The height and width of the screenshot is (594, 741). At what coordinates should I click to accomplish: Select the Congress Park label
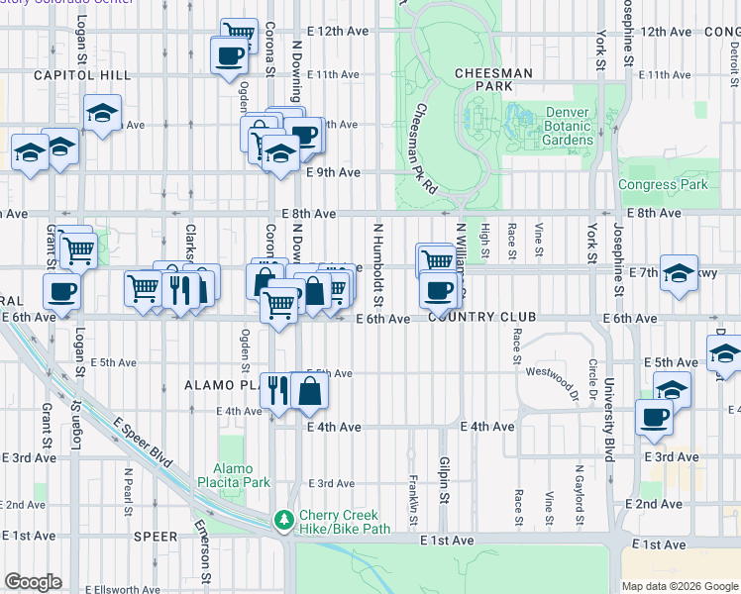[x=663, y=184]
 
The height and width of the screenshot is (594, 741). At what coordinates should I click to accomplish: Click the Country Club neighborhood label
[x=481, y=318]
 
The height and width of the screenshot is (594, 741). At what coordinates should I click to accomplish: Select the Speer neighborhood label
[x=156, y=537]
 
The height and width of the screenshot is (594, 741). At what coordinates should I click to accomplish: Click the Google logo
[x=33, y=582]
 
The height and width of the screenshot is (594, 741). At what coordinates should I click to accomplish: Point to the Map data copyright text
[x=679, y=586]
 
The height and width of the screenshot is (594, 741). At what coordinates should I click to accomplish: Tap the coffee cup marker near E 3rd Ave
[x=654, y=418]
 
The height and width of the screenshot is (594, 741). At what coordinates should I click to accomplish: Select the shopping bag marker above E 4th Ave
[x=309, y=391]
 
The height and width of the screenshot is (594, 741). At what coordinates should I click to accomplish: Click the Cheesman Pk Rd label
[x=426, y=148]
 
